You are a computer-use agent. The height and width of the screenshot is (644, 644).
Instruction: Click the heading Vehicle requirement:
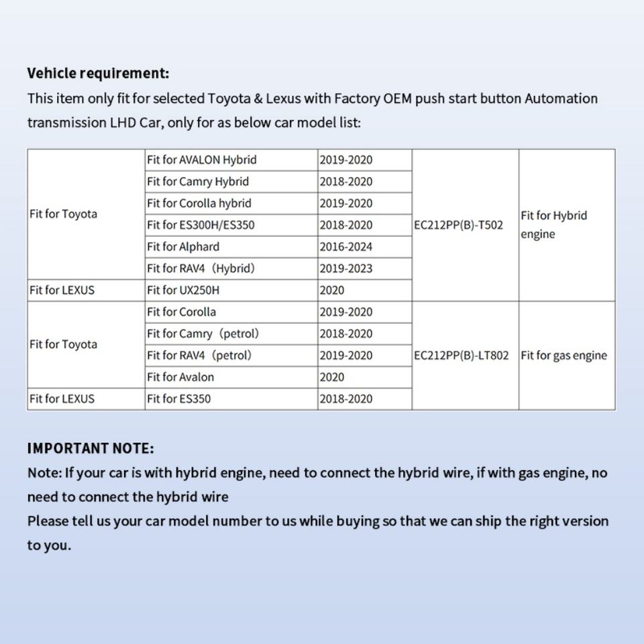tap(98, 73)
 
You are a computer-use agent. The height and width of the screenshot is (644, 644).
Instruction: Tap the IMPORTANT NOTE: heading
tap(91, 448)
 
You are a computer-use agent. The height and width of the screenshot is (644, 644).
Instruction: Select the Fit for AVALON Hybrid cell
tap(201, 160)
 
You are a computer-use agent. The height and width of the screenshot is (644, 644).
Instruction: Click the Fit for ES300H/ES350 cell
tap(201, 225)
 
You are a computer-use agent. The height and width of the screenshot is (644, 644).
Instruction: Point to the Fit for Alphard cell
tap(183, 247)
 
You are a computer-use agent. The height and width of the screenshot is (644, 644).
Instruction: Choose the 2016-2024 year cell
tap(345, 247)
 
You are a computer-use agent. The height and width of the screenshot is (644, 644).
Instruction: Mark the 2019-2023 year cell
tap(345, 268)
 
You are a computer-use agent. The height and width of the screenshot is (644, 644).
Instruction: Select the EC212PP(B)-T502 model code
tap(458, 225)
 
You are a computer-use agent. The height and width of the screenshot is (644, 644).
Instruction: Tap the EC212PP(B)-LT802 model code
tap(462, 356)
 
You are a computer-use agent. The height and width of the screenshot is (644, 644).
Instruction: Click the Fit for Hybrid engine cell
tap(553, 225)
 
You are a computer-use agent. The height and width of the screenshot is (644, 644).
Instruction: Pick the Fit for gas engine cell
tap(563, 356)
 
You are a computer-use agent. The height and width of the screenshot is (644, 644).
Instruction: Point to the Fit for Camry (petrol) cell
tap(203, 333)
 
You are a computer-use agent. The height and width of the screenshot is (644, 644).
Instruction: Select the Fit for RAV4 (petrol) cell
tap(199, 356)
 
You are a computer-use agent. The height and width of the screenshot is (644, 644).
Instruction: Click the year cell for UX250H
tap(332, 290)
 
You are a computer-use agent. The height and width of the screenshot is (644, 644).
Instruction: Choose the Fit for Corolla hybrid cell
tap(199, 203)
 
